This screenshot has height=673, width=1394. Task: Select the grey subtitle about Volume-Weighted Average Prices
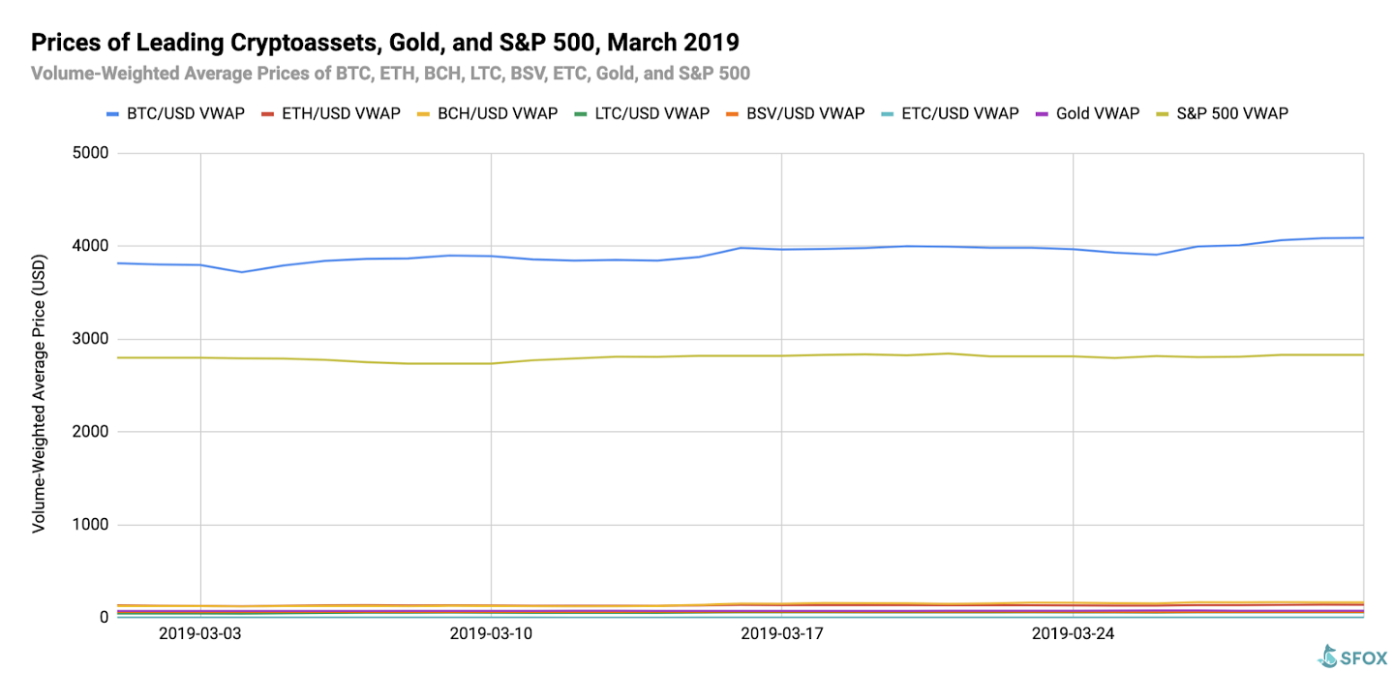click(390, 74)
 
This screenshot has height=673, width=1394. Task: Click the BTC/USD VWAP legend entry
click(175, 114)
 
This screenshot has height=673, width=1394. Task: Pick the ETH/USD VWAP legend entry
click(330, 114)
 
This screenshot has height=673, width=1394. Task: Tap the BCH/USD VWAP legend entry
click(487, 114)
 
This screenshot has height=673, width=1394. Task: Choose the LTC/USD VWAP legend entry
click(642, 114)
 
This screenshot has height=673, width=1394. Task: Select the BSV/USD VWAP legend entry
click(796, 114)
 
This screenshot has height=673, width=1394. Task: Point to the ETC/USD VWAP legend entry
click(951, 114)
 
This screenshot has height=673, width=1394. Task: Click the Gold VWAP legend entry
click(1087, 114)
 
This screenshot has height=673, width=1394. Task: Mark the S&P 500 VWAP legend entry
click(1223, 114)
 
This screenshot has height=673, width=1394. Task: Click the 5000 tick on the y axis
click(90, 153)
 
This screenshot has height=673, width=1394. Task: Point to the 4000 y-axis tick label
click(90, 246)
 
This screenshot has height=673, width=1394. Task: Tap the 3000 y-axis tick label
click(90, 339)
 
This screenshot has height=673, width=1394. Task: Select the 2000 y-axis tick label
click(90, 432)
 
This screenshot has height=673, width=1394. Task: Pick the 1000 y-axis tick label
click(90, 524)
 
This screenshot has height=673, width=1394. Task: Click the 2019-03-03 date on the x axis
click(199, 633)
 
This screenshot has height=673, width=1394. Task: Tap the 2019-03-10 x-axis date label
click(491, 633)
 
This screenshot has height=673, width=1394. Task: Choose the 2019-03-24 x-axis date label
click(1073, 633)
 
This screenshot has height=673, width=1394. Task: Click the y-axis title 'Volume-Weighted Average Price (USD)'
click(39, 393)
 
